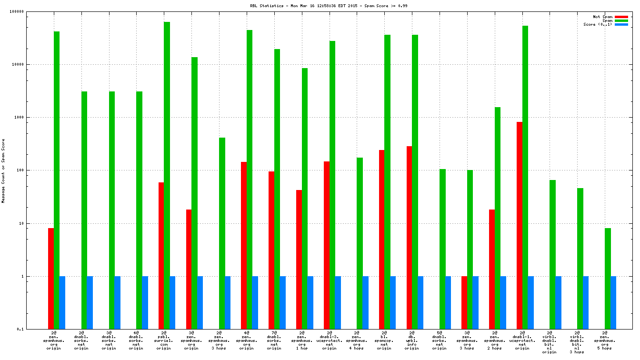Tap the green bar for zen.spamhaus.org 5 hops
608,279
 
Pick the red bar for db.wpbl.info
409,238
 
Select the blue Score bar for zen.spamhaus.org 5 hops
613,302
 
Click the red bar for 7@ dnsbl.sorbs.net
271,250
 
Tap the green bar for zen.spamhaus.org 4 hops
360,243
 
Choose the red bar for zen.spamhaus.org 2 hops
492,269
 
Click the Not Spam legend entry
602,17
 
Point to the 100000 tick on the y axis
30,11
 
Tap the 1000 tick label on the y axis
31,117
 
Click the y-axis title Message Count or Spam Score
3,170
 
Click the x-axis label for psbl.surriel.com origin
164,340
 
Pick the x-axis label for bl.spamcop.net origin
384,340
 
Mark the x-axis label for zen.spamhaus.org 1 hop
301,340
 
